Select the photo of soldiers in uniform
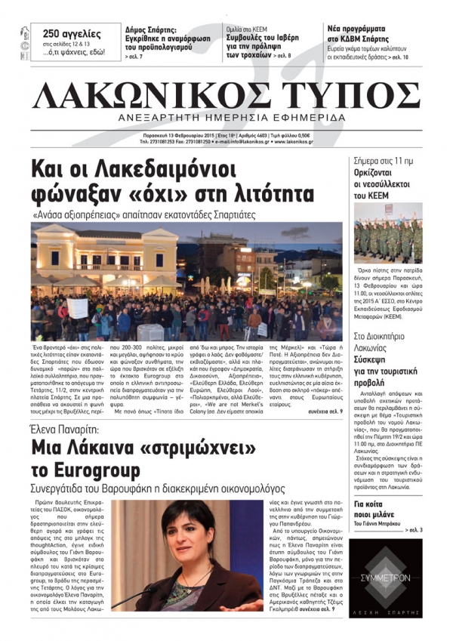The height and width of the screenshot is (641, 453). point(388,233)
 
